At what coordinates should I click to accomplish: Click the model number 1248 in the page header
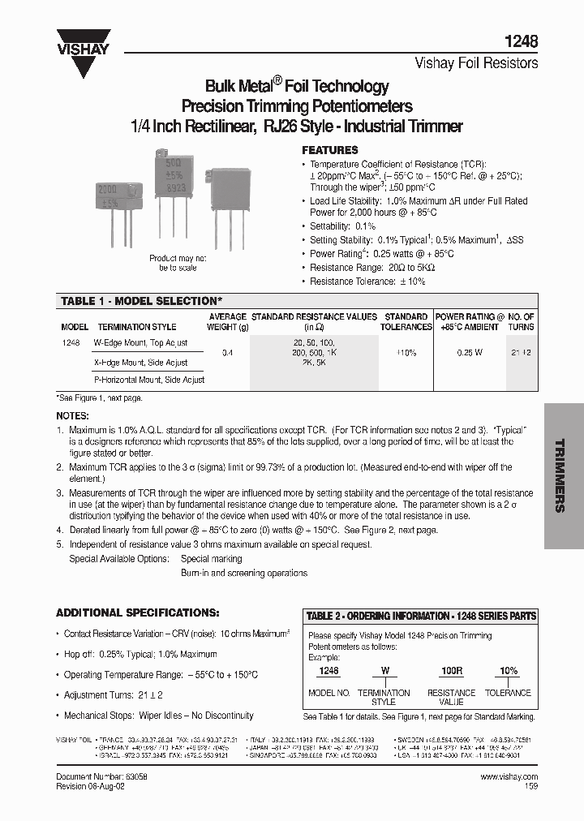524,41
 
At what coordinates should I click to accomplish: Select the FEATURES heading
330,150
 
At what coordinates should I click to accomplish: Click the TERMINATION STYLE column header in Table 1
136,327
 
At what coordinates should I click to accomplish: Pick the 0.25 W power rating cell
470,353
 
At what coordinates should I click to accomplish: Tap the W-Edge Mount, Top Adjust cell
140,343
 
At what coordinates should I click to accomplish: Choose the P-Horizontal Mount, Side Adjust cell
149,380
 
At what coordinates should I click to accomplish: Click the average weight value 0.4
227,353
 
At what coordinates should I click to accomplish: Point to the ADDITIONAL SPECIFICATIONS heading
137,613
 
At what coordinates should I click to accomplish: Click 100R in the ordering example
451,672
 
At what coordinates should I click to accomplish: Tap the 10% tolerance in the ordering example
509,672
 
